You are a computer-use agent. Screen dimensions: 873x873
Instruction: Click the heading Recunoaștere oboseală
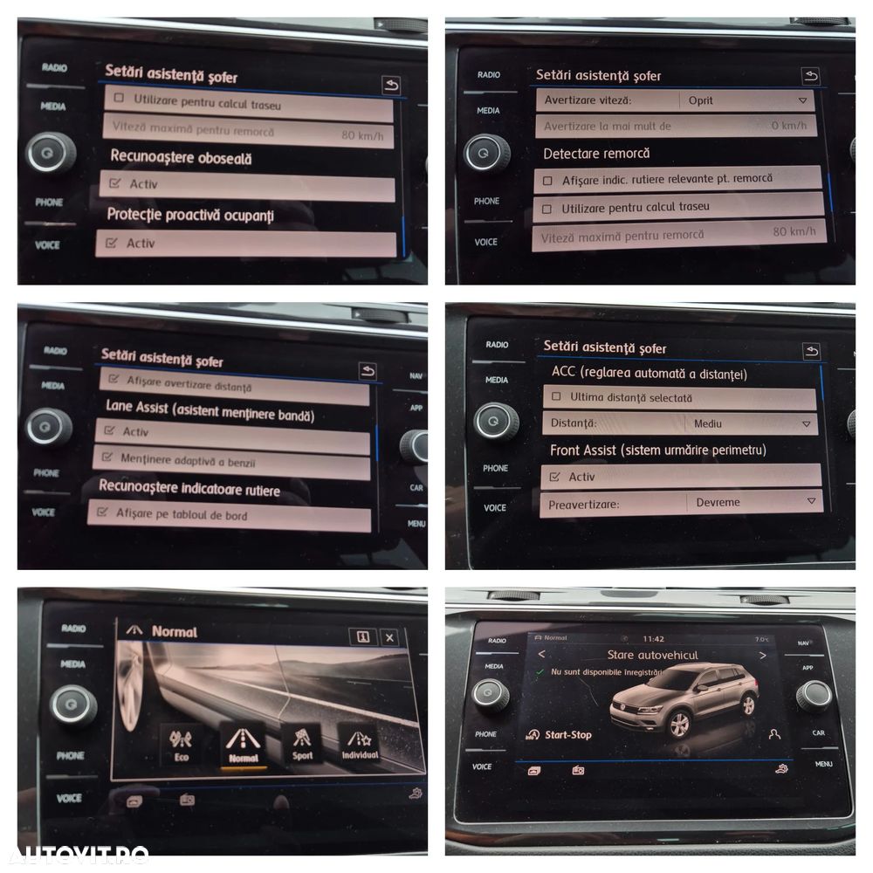(x=180, y=159)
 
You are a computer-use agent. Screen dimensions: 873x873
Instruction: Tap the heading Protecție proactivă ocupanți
(x=189, y=215)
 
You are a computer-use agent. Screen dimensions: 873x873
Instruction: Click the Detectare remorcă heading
(x=596, y=154)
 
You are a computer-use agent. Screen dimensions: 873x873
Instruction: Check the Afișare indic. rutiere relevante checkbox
(x=548, y=180)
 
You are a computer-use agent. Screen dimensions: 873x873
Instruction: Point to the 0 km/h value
(x=788, y=126)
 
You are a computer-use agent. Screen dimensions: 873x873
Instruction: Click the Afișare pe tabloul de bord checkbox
(x=103, y=513)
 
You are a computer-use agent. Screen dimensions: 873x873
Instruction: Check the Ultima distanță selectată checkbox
(x=556, y=398)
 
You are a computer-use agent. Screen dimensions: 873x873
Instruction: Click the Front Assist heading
(x=657, y=450)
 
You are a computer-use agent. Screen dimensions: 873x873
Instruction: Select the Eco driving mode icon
(x=181, y=745)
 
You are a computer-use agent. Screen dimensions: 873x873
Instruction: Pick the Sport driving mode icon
(x=302, y=743)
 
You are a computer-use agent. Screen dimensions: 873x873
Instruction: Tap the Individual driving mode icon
(x=360, y=743)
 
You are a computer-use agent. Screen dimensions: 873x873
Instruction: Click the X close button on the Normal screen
(x=389, y=637)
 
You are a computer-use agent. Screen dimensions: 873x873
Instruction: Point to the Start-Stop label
(x=567, y=735)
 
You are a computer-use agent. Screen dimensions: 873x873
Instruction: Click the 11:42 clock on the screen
(x=653, y=638)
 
